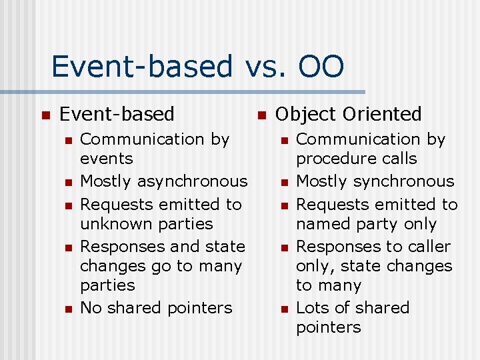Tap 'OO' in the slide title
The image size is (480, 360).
tap(321, 67)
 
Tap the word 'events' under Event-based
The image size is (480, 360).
tap(106, 159)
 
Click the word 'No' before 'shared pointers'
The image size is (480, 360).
tap(90, 308)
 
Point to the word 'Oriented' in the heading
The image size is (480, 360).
tap(388, 115)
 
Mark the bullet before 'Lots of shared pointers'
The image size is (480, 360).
tap(285, 309)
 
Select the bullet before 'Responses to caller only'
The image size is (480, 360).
tap(285, 247)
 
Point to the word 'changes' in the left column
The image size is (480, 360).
tap(107, 266)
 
